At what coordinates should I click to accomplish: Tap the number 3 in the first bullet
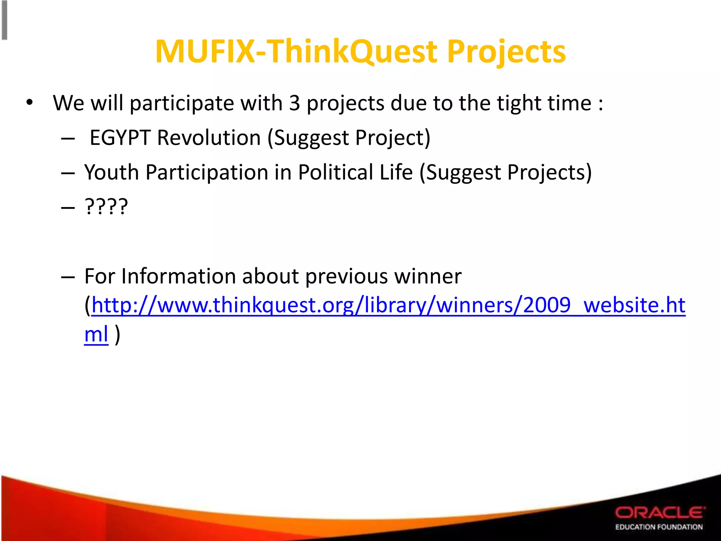tap(294, 103)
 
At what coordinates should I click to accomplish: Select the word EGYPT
tap(120, 137)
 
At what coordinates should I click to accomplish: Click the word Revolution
tap(208, 137)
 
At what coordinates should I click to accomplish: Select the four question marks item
tap(106, 207)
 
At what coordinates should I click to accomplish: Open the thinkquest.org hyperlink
tap(387, 305)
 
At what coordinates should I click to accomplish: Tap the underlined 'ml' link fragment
tap(96, 334)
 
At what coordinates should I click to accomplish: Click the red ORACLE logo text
tap(660, 512)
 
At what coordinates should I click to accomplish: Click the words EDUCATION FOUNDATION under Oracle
tap(659, 527)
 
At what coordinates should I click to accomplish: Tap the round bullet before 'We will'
tap(29, 103)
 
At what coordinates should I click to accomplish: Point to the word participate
tap(182, 103)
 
